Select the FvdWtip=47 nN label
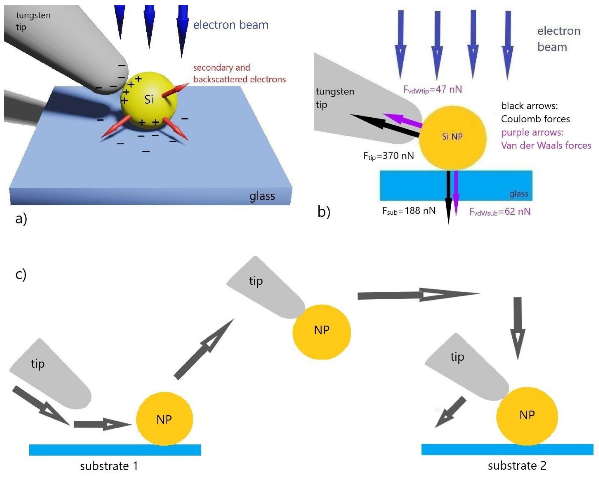(432, 90)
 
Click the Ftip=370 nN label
(388, 156)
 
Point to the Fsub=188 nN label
(409, 211)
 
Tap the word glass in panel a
(262, 196)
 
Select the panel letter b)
(324, 212)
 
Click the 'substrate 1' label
(109, 466)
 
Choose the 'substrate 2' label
(517, 466)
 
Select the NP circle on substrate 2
(527, 416)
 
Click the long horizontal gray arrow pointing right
(417, 295)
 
